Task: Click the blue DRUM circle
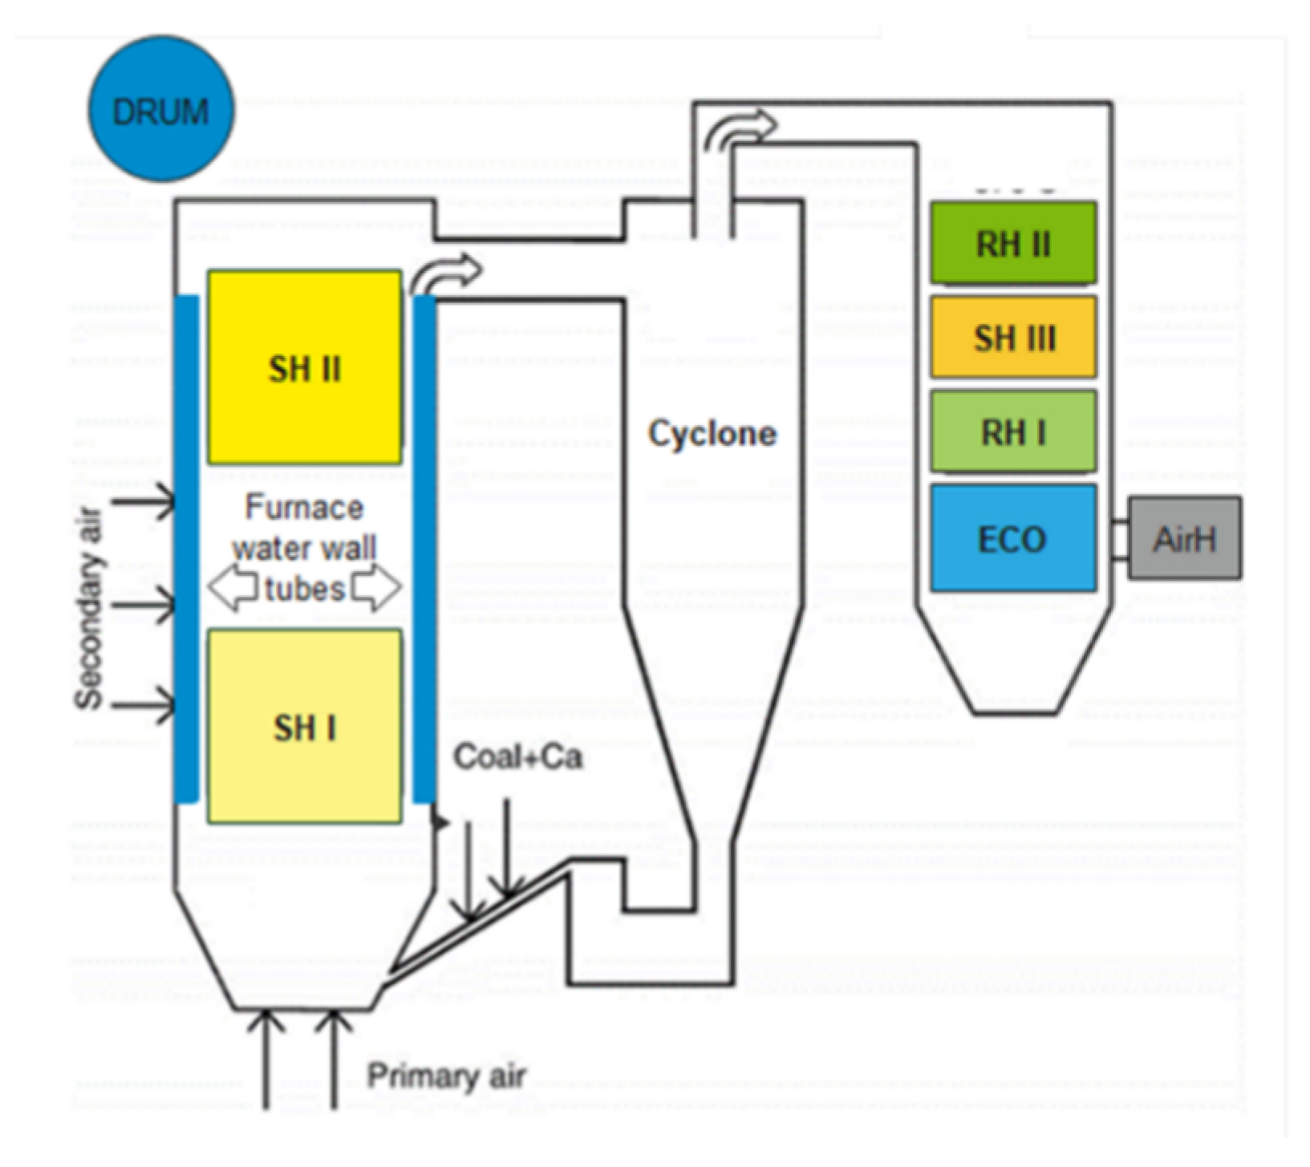coord(161,109)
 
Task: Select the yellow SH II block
coord(305,367)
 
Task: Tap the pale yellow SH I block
coord(305,727)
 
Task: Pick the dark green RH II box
coord(1013,243)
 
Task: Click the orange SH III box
coord(1013,337)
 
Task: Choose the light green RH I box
coord(1013,432)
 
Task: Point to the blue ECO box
coord(1013,538)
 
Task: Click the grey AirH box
coord(1185,538)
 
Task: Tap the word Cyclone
coord(712,434)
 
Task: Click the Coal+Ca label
coord(518,757)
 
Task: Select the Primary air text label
coord(446,1076)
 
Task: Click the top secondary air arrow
coord(143,502)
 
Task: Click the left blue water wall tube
coord(187,549)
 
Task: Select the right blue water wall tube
coord(424,549)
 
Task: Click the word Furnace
coord(304,508)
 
